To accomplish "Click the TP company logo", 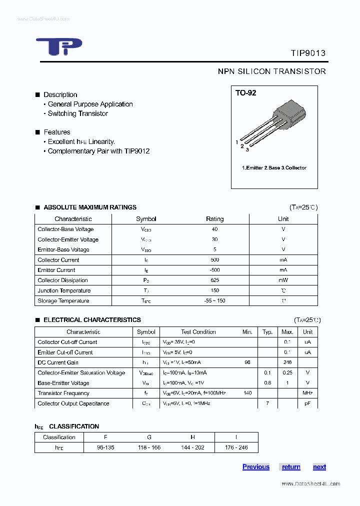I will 58,47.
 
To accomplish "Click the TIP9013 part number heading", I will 308,53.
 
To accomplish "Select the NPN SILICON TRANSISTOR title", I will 271,71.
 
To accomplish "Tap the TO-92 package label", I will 246,93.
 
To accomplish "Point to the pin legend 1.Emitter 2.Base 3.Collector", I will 274,168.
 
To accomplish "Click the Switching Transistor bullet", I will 77,113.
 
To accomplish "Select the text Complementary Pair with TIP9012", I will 98,151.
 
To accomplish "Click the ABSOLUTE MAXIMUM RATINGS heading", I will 90,207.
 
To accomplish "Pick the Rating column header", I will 215,219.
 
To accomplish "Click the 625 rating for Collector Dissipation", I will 215,280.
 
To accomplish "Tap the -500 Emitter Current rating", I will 215,270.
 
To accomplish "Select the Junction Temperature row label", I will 64,290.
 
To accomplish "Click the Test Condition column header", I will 198,332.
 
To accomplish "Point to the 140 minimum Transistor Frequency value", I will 247,393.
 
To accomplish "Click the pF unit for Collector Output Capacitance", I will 307,403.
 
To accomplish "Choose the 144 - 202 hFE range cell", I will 192,447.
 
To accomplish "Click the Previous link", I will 256,467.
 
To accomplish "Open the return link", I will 291,467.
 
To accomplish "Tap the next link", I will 319,467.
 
